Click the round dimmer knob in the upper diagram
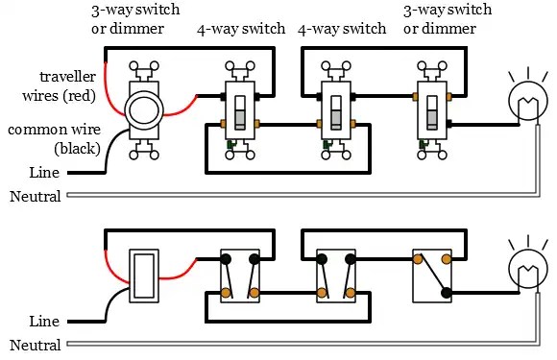point(143,110)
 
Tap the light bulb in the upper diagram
point(528,101)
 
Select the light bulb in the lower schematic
point(528,269)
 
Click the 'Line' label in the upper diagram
point(44,173)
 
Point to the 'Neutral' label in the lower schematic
point(36,345)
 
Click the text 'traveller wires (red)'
point(60,86)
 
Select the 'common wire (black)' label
point(55,139)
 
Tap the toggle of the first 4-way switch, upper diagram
point(240,111)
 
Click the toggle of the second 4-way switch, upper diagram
point(336,111)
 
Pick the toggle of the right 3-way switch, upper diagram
point(432,111)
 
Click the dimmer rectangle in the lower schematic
point(143,276)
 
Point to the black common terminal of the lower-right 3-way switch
point(447,293)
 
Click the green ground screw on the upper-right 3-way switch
point(422,144)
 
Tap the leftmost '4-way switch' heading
point(241,29)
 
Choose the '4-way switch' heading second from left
point(342,29)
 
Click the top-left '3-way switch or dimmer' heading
point(135,19)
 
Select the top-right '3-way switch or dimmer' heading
point(448,19)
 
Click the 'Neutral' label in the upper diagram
point(36,197)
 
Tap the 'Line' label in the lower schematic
point(44,322)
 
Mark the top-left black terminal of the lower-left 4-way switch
point(226,259)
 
